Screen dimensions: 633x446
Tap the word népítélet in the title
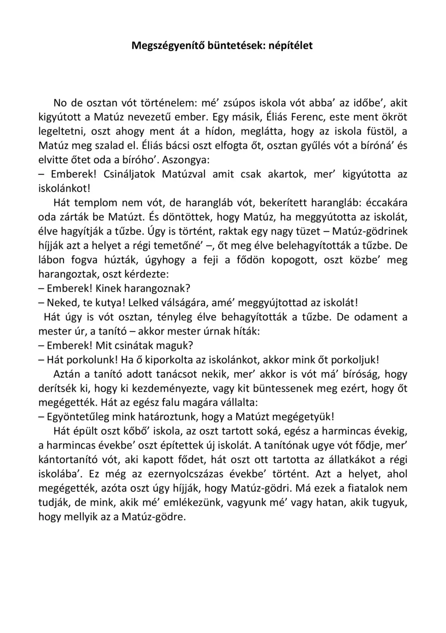coord(291,46)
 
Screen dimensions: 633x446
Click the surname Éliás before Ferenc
coord(273,117)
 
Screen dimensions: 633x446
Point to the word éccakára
coord(386,203)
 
